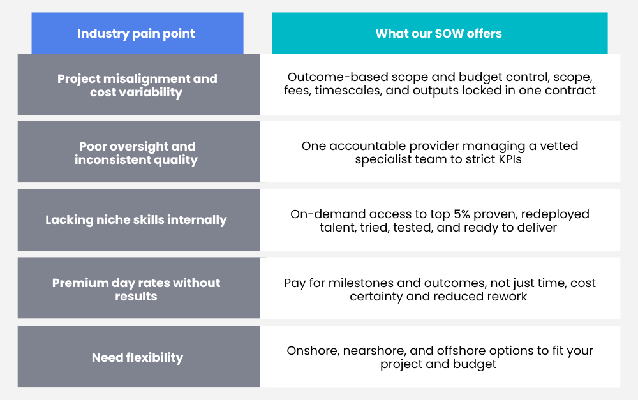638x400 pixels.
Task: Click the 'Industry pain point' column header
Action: pyautogui.click(x=136, y=33)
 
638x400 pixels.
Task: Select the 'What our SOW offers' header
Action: pyautogui.click(x=439, y=33)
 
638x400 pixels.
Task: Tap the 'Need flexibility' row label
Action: pyautogui.click(x=138, y=358)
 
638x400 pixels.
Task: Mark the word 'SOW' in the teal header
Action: pyautogui.click(x=449, y=33)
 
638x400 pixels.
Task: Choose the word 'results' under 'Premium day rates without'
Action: pyautogui.click(x=136, y=296)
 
